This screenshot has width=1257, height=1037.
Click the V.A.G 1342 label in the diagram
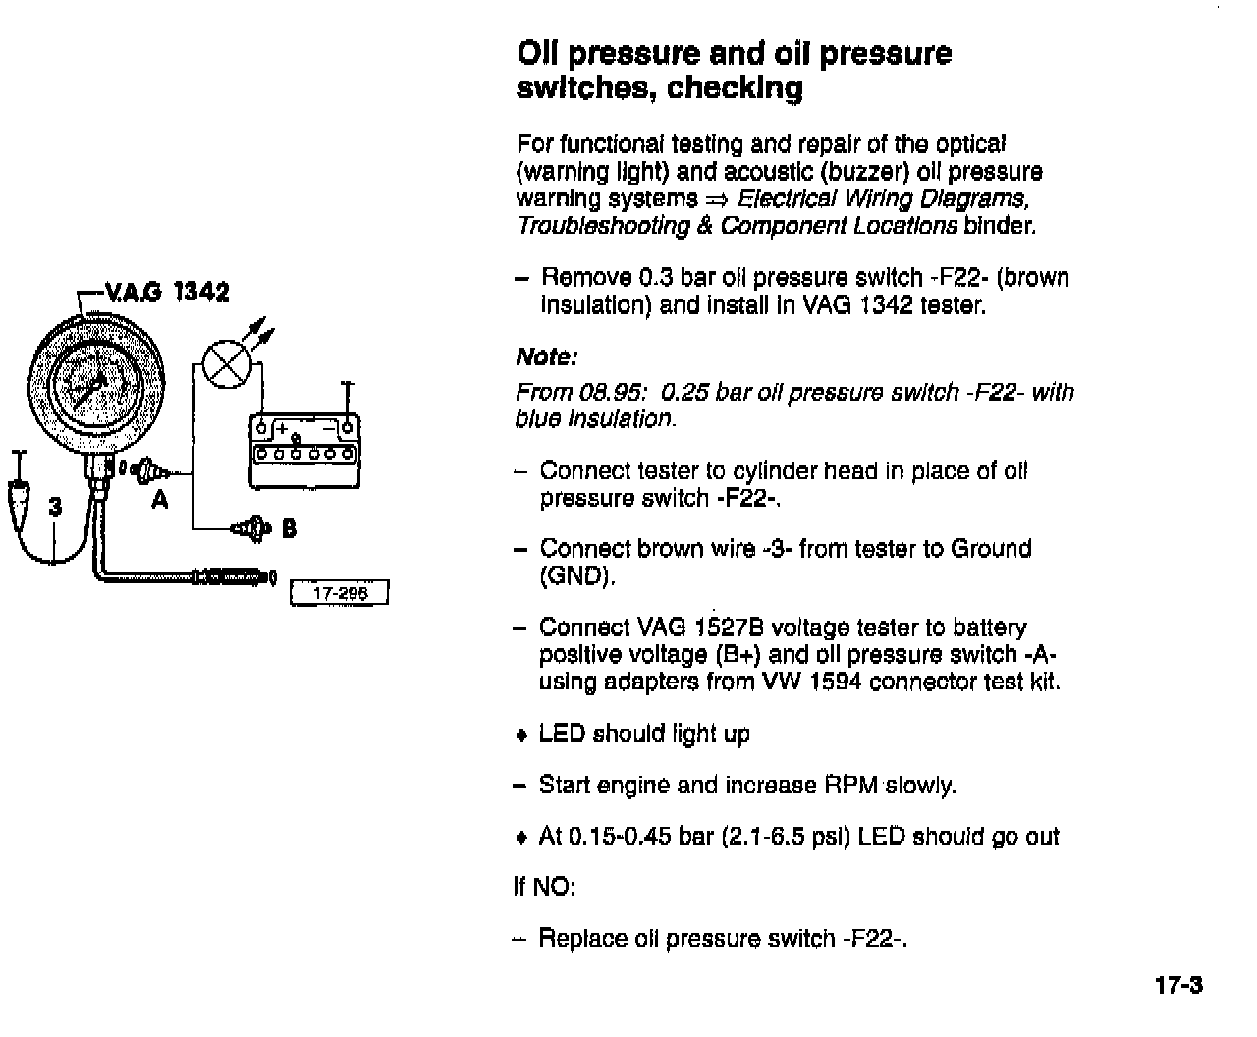point(166,292)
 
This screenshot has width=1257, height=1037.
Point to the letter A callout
point(160,501)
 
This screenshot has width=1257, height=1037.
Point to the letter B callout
point(289,529)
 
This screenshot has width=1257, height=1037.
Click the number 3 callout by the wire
point(55,507)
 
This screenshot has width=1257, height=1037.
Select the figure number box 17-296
point(340,593)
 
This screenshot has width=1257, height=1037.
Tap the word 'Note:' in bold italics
point(547,356)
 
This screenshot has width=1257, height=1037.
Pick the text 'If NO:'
point(544,887)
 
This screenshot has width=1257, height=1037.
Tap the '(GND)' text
point(577,575)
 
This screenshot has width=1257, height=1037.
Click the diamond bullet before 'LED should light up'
point(521,736)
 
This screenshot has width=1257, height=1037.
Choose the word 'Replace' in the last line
point(582,939)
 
